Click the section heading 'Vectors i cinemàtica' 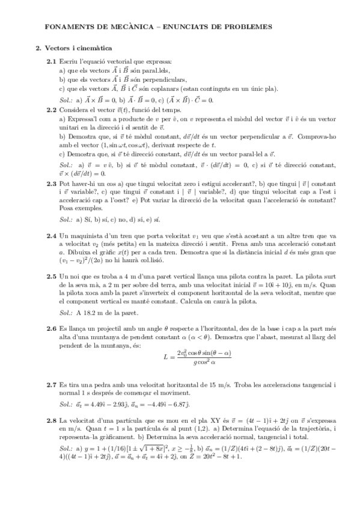[x=78, y=48]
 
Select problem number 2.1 [x=52, y=61]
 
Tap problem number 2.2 [x=52, y=110]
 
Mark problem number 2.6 [x=52, y=330]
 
